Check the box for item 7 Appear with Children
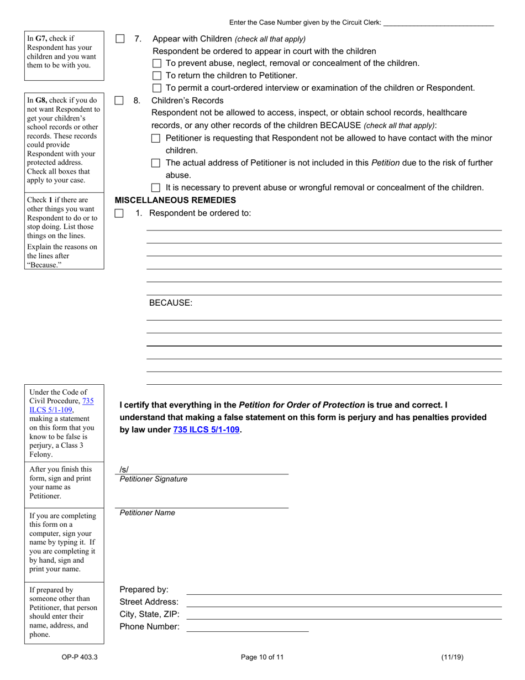coord(119,39)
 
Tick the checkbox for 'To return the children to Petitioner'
coord(156,76)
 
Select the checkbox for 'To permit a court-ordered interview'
coord(156,88)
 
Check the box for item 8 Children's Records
coord(119,101)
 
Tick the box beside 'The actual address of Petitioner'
coord(156,163)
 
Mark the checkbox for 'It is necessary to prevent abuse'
coord(156,188)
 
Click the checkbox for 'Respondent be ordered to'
coord(119,213)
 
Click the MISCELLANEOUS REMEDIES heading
coord(175,200)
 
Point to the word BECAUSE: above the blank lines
coord(171,303)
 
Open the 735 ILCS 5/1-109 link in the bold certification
coord(206,430)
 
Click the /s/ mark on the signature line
coord(124,469)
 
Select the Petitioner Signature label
coord(153,479)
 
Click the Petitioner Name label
coord(147,513)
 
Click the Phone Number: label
coord(149,627)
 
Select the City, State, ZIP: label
coord(149,614)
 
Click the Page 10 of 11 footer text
coord(262,657)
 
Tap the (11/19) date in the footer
coord(452,657)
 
